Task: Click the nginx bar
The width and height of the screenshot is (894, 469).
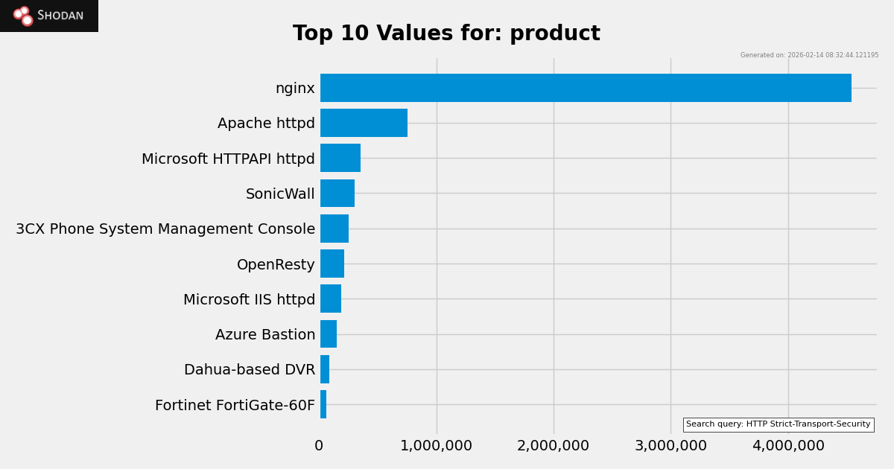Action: [586, 88]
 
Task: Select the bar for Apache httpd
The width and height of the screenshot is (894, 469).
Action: [364, 123]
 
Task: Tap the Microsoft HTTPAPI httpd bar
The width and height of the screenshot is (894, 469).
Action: [340, 158]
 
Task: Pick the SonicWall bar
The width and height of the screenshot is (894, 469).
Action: [337, 194]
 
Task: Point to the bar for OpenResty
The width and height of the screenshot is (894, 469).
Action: [332, 264]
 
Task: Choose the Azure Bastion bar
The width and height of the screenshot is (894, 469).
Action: [329, 334]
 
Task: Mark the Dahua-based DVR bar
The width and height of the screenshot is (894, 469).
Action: [325, 369]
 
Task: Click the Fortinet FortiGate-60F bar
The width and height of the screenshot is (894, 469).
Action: [323, 404]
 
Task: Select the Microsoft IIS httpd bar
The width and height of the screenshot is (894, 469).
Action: [331, 299]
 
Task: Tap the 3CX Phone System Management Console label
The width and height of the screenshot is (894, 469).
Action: [165, 229]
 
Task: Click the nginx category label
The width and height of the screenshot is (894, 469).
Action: [295, 89]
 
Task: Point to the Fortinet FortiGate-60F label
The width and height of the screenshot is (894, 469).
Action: [235, 406]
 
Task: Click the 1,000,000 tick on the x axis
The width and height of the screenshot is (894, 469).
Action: [436, 446]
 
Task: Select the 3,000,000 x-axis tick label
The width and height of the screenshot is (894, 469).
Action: [670, 446]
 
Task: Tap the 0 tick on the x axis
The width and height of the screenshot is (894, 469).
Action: [319, 446]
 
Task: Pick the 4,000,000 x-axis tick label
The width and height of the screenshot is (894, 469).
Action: [788, 446]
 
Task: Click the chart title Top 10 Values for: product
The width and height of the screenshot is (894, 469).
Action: [446, 33]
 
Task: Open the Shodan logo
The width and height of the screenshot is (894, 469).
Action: [49, 16]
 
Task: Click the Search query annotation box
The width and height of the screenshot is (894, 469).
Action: [778, 424]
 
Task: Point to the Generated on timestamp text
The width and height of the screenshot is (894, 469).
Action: [809, 55]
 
